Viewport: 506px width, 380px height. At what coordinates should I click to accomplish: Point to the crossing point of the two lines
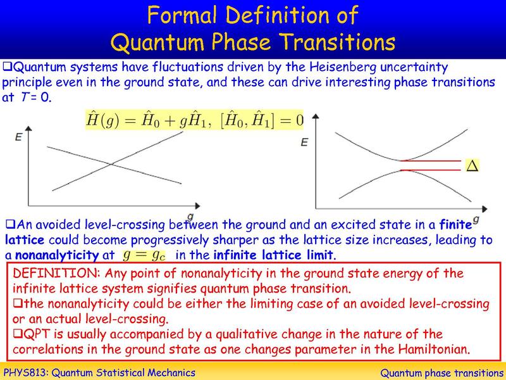(x=114, y=167)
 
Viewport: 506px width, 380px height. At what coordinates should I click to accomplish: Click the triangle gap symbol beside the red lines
(x=471, y=166)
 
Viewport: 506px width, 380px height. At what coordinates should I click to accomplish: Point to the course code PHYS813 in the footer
(x=28, y=372)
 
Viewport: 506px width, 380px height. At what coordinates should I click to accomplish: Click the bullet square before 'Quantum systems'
(x=8, y=66)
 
